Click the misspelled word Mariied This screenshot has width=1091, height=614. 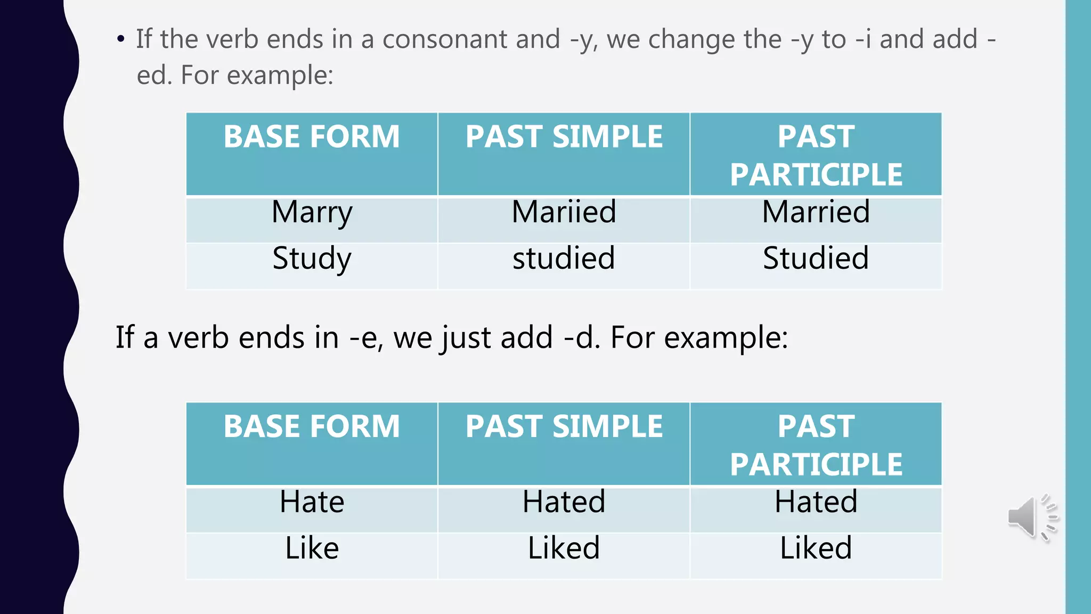[564, 212]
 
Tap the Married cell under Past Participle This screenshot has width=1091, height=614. [816, 212]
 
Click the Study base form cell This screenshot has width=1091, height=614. [312, 259]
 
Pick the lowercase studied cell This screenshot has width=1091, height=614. [564, 258]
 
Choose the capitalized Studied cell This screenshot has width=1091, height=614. [816, 258]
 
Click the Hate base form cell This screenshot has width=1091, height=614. [312, 502]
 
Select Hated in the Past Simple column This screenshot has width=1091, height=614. [564, 502]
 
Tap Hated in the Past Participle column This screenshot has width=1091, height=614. [816, 502]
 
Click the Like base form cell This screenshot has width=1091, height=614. [312, 548]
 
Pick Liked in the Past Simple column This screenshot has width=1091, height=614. [564, 548]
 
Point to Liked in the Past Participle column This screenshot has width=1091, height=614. [816, 548]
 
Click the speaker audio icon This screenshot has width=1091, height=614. [1031, 518]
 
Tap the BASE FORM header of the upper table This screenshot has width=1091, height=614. [312, 137]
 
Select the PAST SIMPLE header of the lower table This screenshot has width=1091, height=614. [564, 427]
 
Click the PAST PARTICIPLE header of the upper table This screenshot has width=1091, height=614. [816, 155]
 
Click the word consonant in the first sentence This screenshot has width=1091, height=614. [471, 39]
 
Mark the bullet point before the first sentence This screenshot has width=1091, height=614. [121, 39]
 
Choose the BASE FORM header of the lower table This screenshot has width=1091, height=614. [312, 427]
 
